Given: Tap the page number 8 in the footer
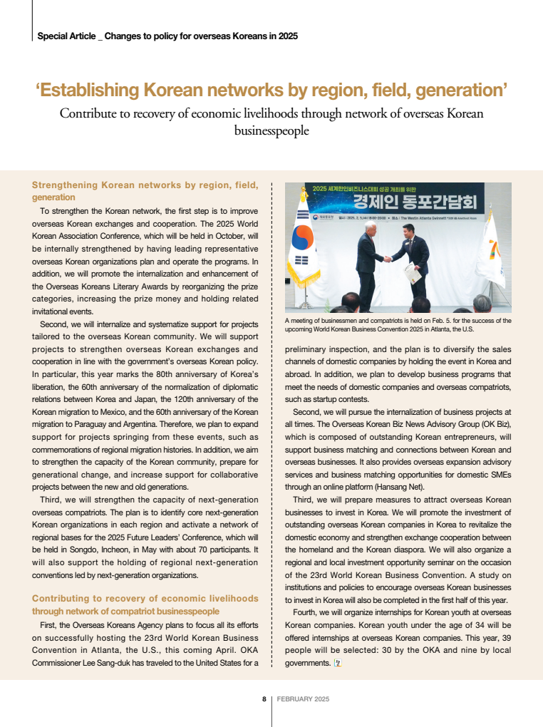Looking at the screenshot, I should click(264, 699).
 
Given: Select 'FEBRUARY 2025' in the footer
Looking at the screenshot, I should click(303, 699).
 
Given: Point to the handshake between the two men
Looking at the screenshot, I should click(387, 259).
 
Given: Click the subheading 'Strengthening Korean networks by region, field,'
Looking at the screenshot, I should click(145, 185).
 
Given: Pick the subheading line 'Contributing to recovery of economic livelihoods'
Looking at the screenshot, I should click(145, 599).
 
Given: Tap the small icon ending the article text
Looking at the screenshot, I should click(338, 663).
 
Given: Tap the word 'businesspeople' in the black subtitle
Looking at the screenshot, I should click(271, 131).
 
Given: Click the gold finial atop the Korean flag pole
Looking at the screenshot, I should click(304, 187).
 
